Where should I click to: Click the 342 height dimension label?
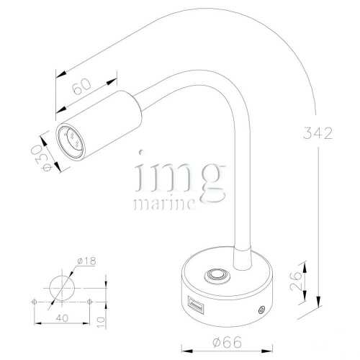[317, 134]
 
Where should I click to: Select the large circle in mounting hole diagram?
[60, 287]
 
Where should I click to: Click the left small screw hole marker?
[34, 301]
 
